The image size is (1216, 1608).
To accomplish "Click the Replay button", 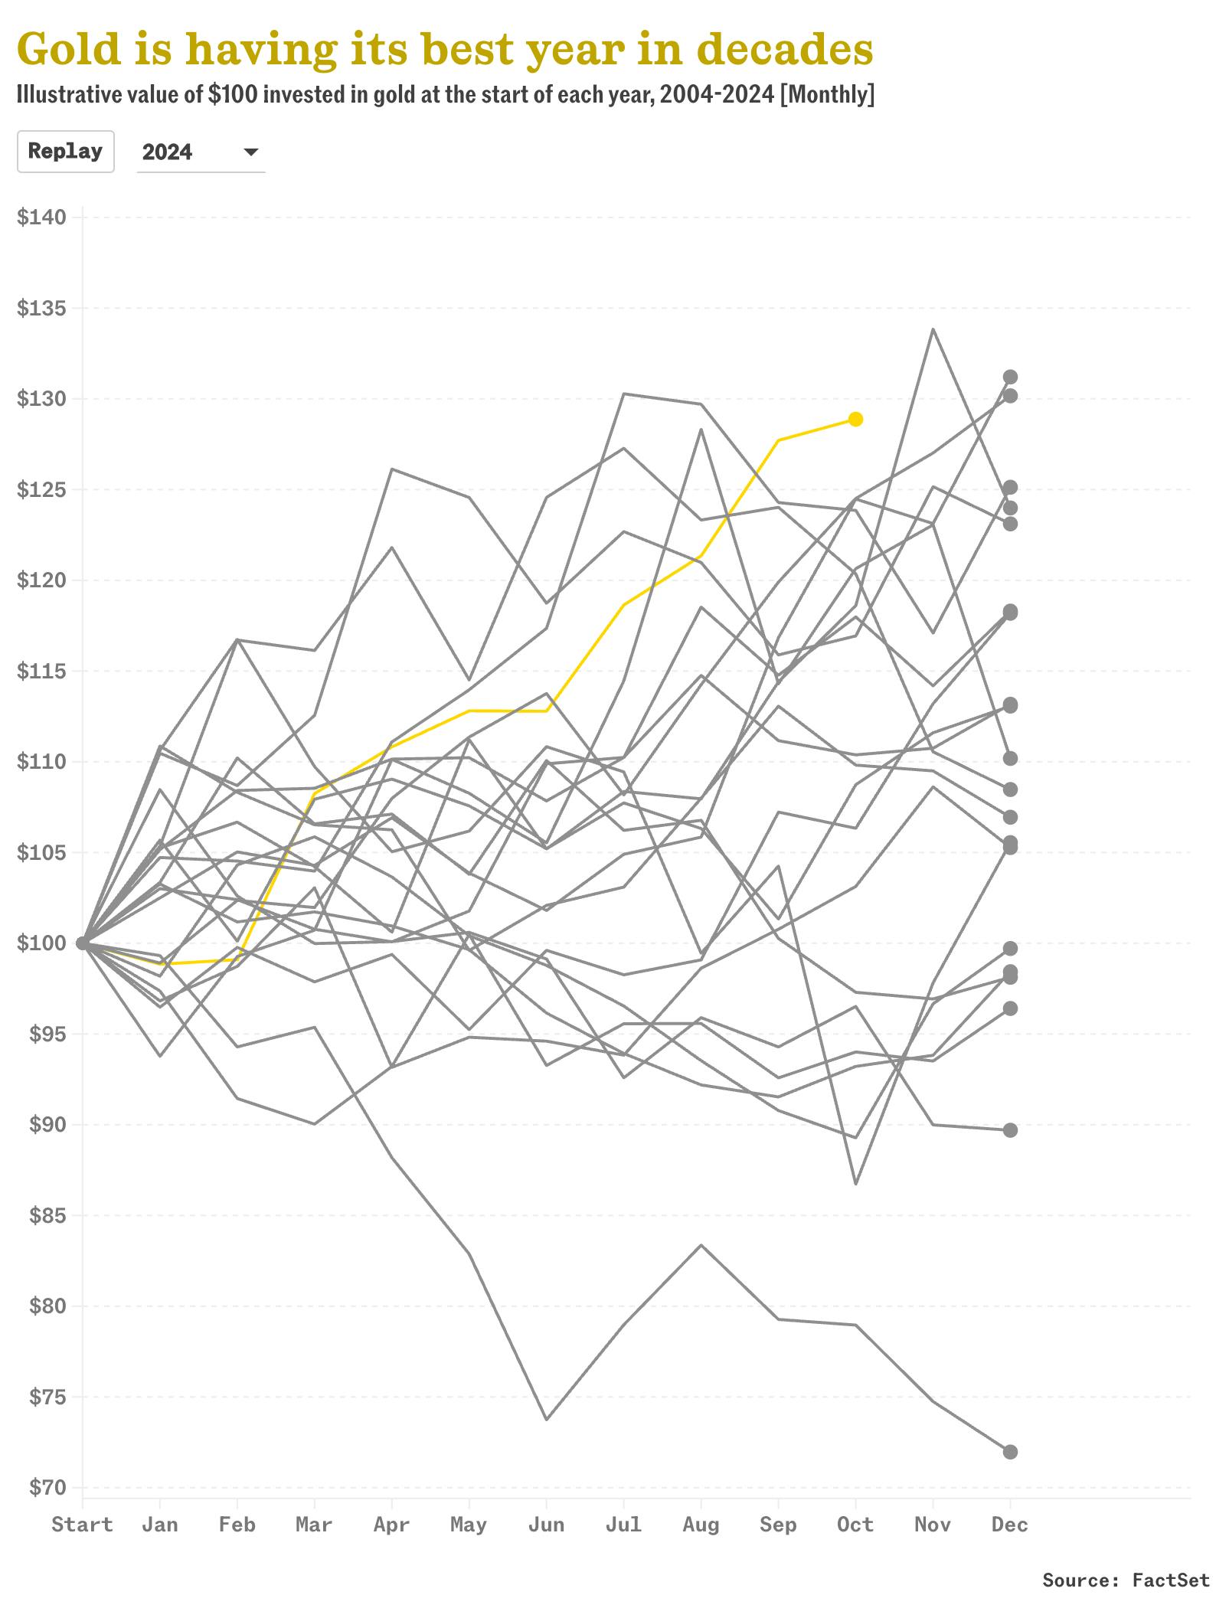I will [x=65, y=151].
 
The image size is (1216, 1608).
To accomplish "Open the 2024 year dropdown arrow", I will [x=250, y=152].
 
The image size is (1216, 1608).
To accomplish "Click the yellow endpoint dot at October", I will [x=855, y=419].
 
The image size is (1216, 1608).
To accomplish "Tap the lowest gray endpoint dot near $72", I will [x=1010, y=1452].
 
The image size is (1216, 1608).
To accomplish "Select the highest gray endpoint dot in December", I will [x=1010, y=377].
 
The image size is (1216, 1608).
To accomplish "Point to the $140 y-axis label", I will [x=41, y=217].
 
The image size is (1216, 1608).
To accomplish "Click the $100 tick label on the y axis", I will [x=41, y=943].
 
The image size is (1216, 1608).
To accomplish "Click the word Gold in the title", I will [x=69, y=50].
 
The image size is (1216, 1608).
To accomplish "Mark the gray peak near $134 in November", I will [x=933, y=329].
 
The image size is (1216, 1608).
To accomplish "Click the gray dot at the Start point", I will [x=83, y=943].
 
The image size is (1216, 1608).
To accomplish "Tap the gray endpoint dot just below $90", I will [x=1010, y=1130].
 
